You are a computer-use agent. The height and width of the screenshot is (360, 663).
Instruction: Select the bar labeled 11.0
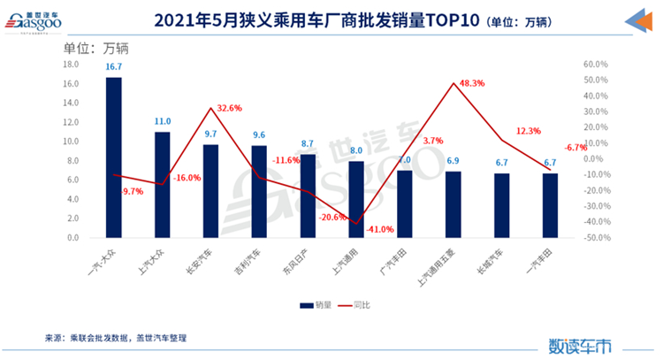pos(162,185)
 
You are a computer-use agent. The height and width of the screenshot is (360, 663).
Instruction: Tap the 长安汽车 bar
pos(210,191)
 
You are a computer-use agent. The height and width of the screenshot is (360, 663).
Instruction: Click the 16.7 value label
pos(113,66)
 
